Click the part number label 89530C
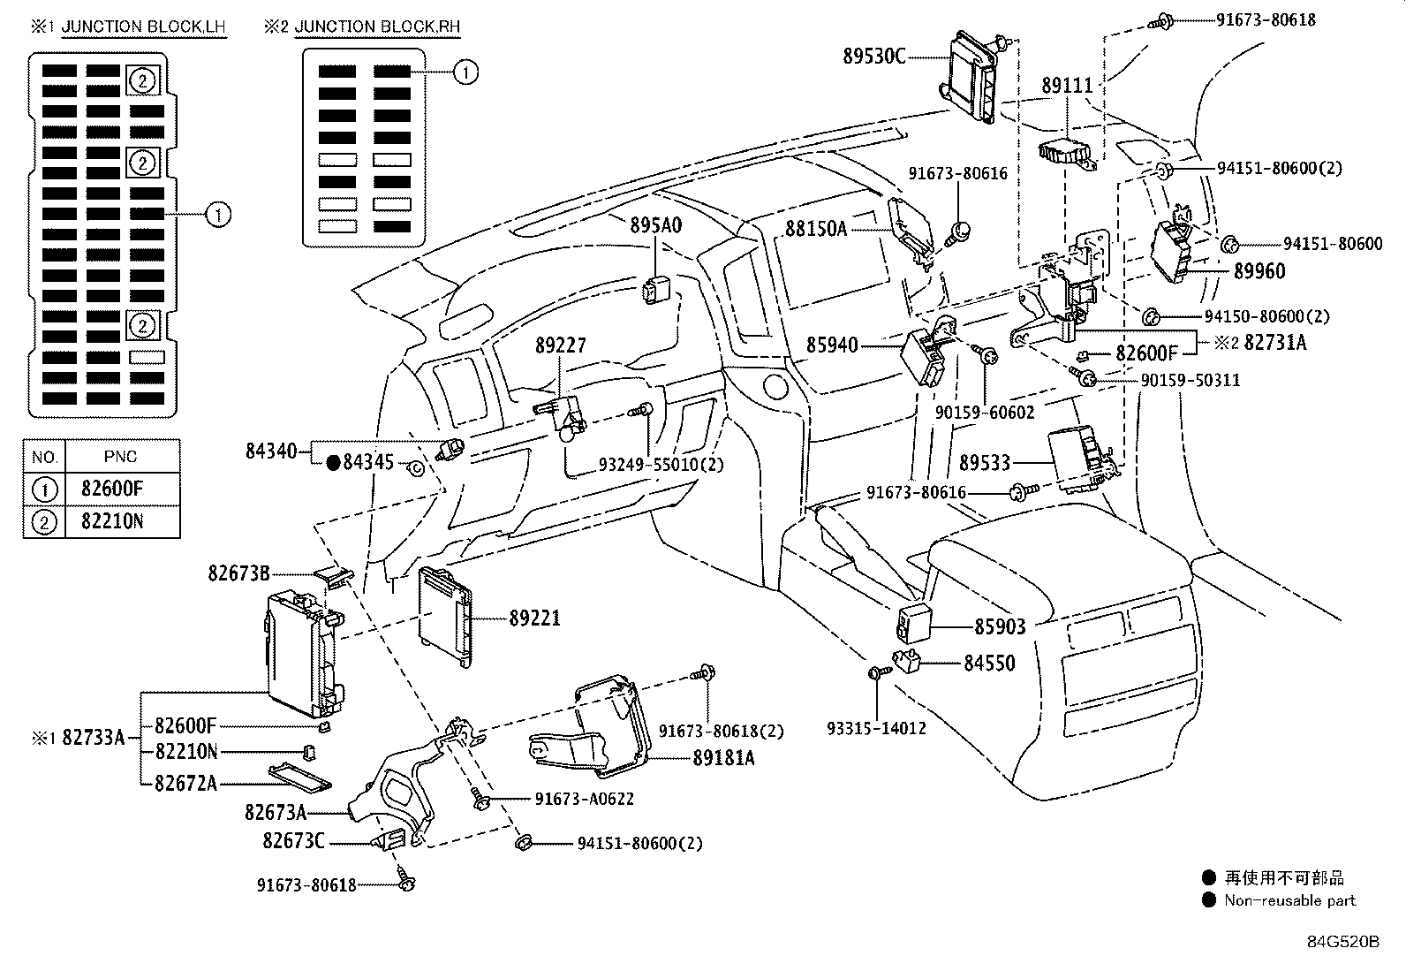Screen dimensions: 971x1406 click(x=874, y=57)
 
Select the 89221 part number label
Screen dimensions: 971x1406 click(x=534, y=619)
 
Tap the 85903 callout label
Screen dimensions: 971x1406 click(x=1000, y=627)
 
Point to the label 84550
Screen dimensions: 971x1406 click(x=989, y=663)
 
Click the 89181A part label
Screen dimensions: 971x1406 click(x=723, y=757)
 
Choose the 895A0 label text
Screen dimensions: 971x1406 click(x=655, y=225)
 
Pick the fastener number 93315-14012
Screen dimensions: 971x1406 click(x=876, y=728)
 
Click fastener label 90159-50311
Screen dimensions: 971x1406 click(x=1190, y=380)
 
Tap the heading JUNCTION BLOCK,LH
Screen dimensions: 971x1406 click(x=143, y=27)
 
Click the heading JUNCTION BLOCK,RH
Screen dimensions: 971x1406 click(x=377, y=27)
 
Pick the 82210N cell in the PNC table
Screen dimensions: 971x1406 click(x=112, y=520)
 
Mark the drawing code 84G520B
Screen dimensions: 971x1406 click(x=1343, y=941)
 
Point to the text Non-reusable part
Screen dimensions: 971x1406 click(x=1289, y=900)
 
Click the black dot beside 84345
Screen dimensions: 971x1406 click(x=333, y=461)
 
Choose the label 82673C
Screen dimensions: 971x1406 click(x=293, y=841)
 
